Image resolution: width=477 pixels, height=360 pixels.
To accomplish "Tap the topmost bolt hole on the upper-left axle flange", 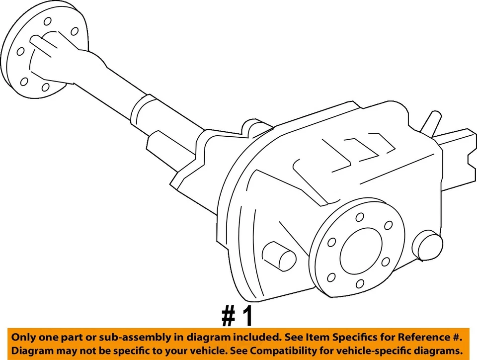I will [48, 21].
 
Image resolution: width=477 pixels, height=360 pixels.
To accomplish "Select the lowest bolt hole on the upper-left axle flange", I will [45, 88].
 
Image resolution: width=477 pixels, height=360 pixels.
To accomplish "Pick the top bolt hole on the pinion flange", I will [359, 217].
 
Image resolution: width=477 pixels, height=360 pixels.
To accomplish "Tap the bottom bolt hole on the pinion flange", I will [360, 284].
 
